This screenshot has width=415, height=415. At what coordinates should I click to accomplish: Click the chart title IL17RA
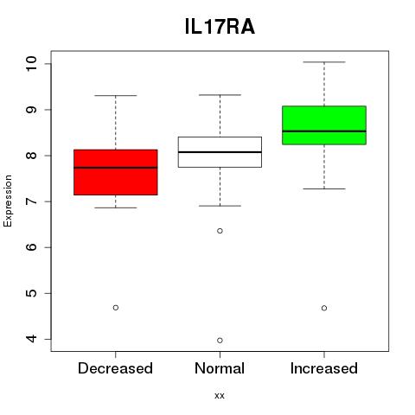(220, 27)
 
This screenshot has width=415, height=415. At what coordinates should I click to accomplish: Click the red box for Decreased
(116, 172)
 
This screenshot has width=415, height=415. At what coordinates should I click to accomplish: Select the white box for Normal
(220, 152)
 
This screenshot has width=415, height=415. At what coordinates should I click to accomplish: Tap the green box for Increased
(324, 125)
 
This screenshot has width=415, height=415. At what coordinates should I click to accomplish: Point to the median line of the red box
(116, 168)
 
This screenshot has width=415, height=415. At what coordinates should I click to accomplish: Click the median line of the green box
(324, 131)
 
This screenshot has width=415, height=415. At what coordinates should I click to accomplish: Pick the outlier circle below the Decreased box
(116, 308)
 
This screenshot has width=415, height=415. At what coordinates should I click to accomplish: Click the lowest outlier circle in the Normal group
(220, 341)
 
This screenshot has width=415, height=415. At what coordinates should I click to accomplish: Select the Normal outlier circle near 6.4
(220, 231)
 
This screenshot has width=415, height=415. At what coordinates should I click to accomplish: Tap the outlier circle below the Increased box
(324, 308)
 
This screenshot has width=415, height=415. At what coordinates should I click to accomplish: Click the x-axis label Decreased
(115, 368)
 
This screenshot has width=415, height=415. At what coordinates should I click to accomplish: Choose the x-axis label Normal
(220, 368)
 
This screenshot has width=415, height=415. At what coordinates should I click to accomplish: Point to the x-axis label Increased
(324, 368)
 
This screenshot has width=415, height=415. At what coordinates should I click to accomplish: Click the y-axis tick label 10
(31, 64)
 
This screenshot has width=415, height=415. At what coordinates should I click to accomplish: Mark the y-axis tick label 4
(31, 339)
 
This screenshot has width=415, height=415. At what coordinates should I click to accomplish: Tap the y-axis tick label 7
(31, 201)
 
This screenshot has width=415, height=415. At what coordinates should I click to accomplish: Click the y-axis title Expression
(8, 201)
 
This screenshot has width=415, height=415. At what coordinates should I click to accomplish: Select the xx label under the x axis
(220, 396)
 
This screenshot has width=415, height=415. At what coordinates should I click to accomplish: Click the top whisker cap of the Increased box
(324, 62)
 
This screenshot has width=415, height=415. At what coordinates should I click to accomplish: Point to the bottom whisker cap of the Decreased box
(116, 207)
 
